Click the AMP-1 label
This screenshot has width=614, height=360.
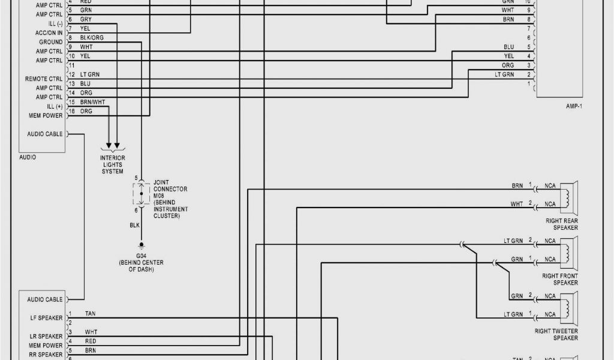point(574,106)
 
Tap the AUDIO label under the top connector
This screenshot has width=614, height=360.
point(28,157)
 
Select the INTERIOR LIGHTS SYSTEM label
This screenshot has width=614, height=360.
point(112,164)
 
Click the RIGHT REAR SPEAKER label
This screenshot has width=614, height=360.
point(562,224)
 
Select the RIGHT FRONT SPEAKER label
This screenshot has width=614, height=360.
point(560,280)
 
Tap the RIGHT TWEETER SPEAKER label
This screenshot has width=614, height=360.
point(556,334)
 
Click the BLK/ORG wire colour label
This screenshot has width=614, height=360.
point(92,37)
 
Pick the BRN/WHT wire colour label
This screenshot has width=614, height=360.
point(92,102)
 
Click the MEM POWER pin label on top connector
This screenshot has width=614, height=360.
point(45,115)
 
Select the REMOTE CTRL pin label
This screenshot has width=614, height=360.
point(43,79)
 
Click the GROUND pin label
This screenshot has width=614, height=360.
point(50,42)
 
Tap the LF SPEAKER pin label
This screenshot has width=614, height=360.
point(46,317)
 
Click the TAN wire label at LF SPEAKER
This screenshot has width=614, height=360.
point(90,313)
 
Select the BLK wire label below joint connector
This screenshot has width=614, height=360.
point(135,225)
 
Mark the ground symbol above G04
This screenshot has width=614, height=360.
point(142,245)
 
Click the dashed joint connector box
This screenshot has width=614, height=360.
point(141,194)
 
